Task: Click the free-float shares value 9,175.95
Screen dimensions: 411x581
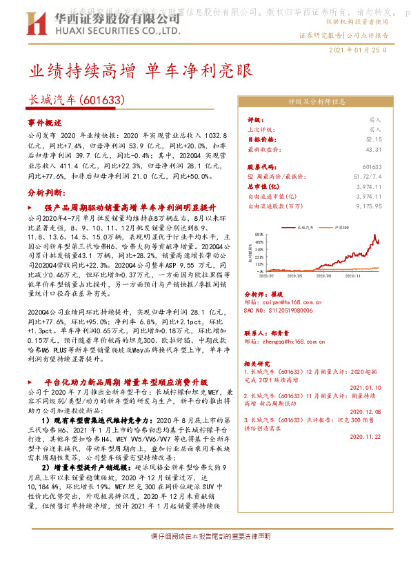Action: point(367,206)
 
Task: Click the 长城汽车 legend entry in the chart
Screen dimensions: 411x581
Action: point(305,226)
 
